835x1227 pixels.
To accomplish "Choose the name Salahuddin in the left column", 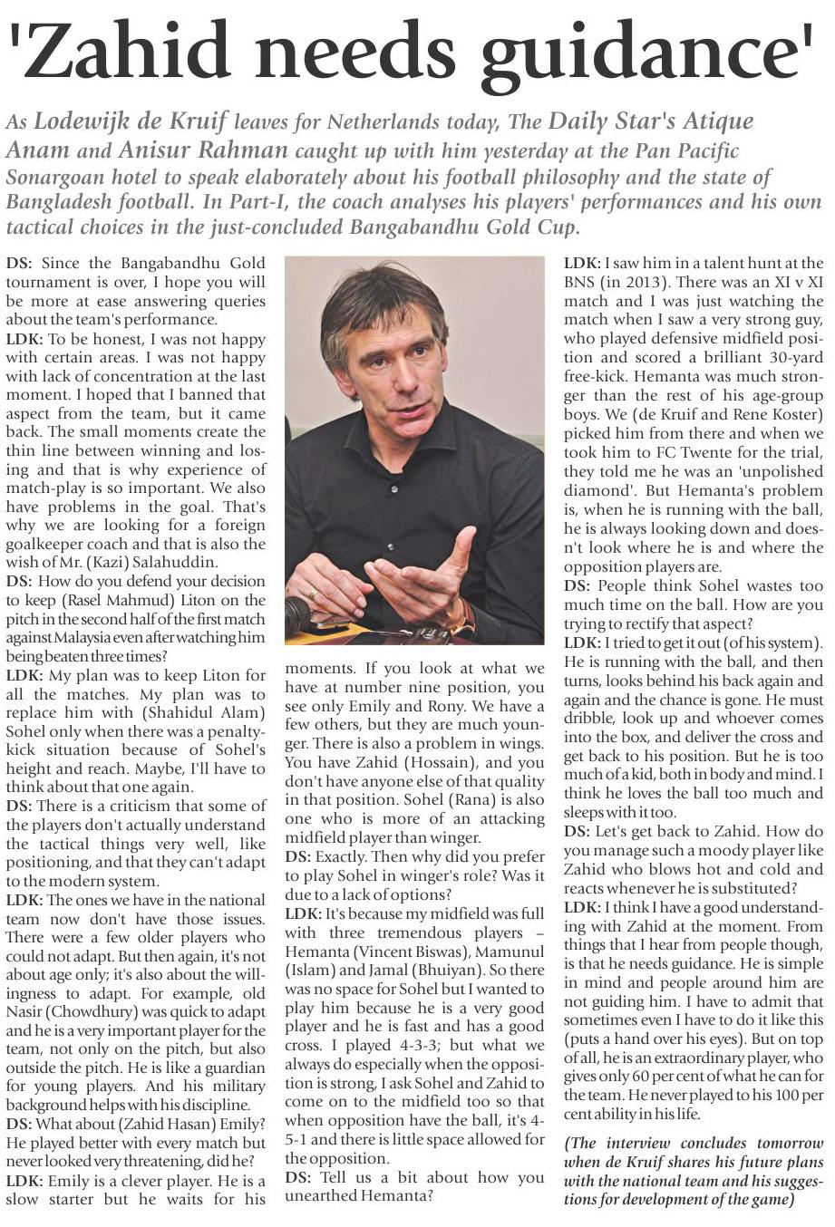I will pos(181,562).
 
